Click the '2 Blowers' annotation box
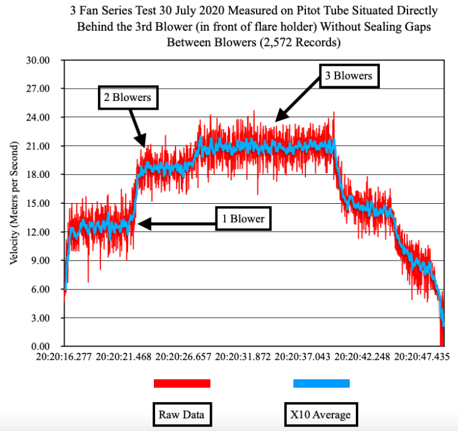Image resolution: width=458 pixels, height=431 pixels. [128, 97]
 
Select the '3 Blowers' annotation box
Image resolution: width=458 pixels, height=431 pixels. [348, 76]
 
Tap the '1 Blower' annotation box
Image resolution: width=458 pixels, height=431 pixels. [243, 219]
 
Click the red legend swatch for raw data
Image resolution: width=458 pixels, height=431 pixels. [182, 384]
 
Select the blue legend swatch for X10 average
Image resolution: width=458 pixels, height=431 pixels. [321, 384]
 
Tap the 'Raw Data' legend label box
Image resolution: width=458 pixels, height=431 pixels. [182, 414]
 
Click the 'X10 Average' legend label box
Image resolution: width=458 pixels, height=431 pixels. [321, 414]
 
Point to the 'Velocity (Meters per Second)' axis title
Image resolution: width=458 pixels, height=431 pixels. [13, 203]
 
